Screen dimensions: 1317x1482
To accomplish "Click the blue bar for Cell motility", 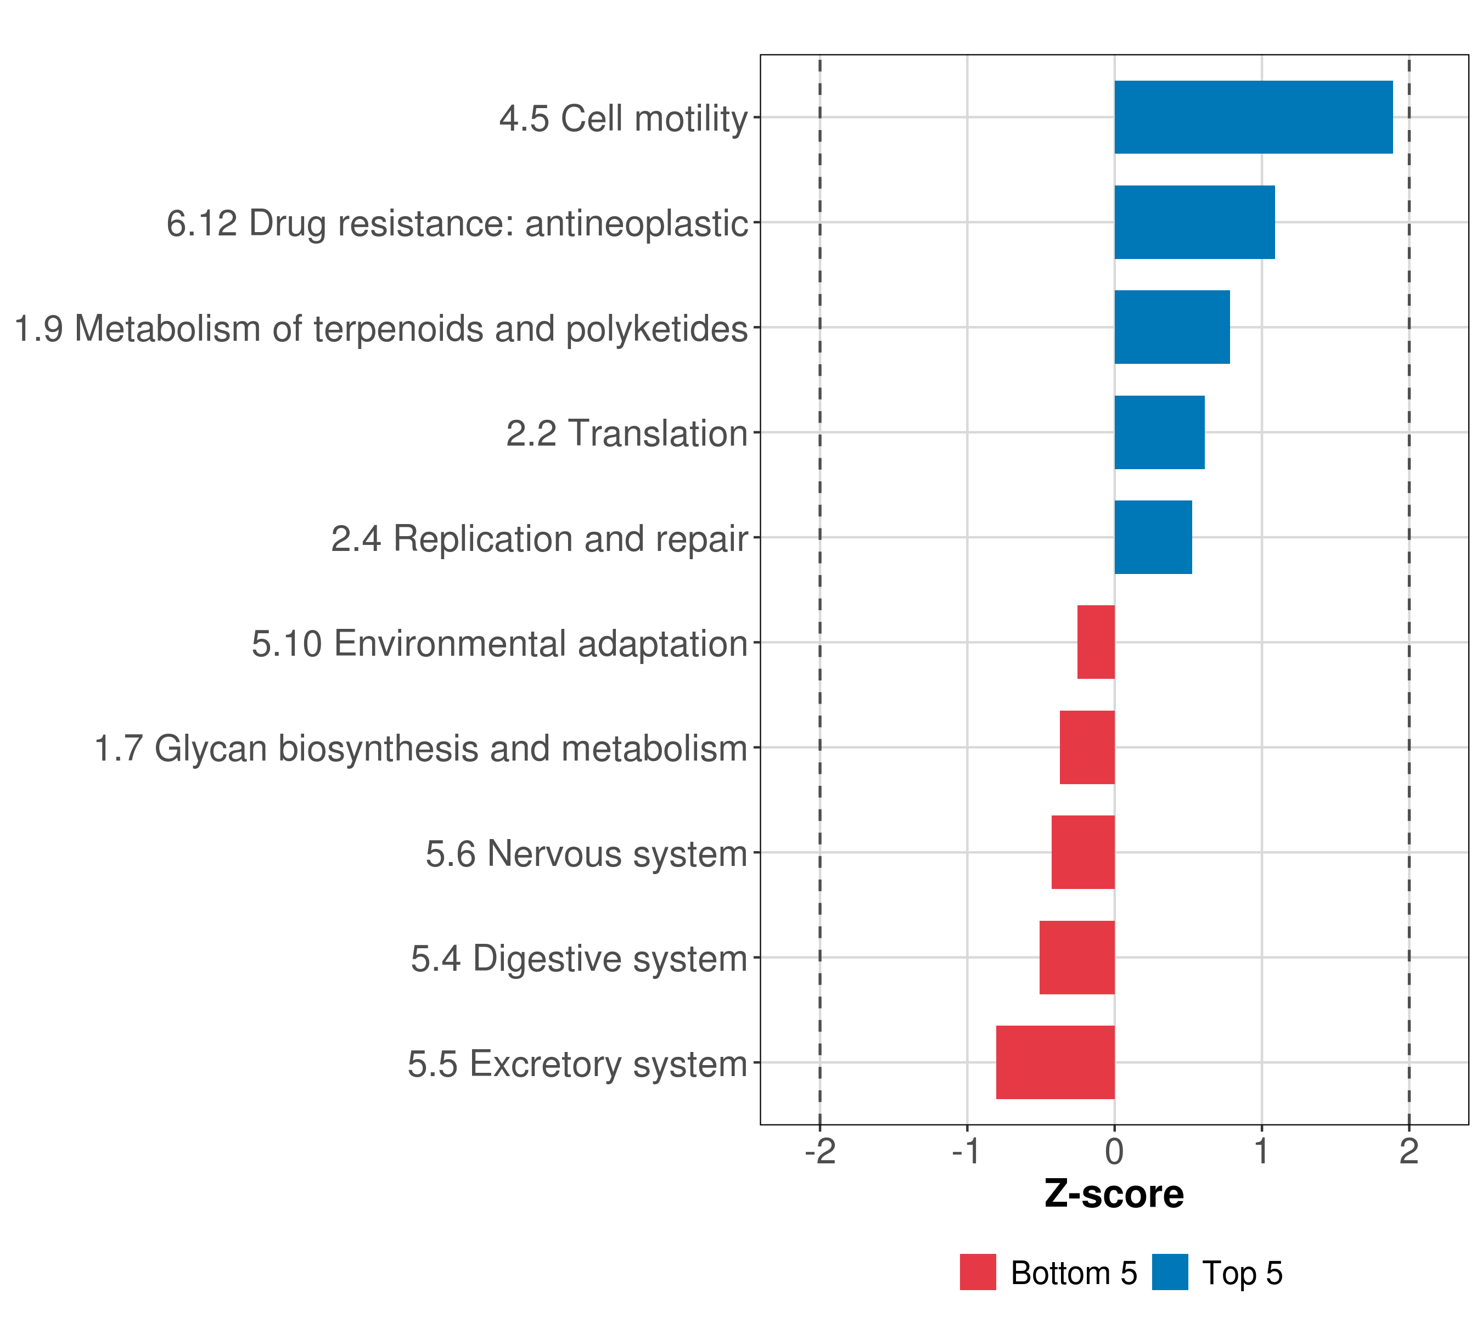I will (x=1253, y=117).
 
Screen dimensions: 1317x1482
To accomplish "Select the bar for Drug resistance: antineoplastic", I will (x=1194, y=223).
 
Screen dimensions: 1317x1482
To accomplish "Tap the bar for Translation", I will (x=1159, y=433).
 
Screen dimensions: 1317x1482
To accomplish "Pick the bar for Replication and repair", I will (x=1153, y=537).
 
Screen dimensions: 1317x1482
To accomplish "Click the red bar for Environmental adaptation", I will (x=1096, y=642).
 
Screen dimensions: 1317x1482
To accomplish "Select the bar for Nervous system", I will (x=1082, y=852).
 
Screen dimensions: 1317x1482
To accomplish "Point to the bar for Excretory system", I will (x=1055, y=1062).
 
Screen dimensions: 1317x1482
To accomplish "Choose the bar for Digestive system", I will (x=1077, y=958).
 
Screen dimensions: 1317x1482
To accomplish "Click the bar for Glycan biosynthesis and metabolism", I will (x=1087, y=747).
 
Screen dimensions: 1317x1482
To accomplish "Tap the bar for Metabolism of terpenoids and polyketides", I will (x=1172, y=328).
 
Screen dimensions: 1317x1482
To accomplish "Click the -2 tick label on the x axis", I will (x=820, y=1152).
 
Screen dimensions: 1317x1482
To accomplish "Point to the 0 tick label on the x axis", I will (x=1114, y=1152).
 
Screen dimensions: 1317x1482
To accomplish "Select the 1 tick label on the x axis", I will (x=1261, y=1152).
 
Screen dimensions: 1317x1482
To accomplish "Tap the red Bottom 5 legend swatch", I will (x=978, y=1273).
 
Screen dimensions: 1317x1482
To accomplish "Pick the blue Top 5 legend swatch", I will (x=1170, y=1273).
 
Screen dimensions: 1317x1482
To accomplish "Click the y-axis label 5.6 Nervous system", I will (x=586, y=854).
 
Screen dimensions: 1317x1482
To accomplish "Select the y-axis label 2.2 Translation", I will (x=626, y=434).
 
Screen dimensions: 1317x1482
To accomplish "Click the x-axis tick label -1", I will (x=967, y=1152).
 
